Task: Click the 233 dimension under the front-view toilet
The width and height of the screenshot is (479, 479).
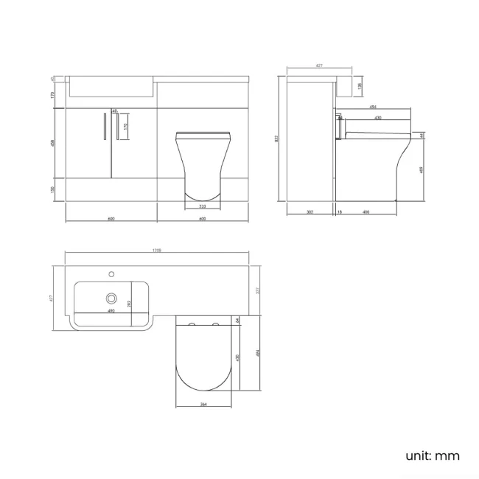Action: coord(203,207)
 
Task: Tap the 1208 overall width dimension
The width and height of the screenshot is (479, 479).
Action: coord(157,251)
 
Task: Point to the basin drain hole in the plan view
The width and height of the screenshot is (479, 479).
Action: coord(111,298)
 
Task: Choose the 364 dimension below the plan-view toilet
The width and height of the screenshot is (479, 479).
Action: coord(203,404)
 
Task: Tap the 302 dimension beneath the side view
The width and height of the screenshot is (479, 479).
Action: coord(310,212)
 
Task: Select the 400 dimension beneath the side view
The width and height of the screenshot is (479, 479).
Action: coord(366,212)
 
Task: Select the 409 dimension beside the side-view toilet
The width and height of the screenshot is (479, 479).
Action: coord(421,169)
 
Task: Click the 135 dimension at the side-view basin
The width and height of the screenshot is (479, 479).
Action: coord(359,86)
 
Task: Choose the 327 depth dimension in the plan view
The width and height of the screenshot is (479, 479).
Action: coord(258,290)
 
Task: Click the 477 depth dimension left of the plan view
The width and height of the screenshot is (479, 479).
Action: coord(52,298)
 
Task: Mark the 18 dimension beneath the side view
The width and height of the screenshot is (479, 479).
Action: coord(339,212)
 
